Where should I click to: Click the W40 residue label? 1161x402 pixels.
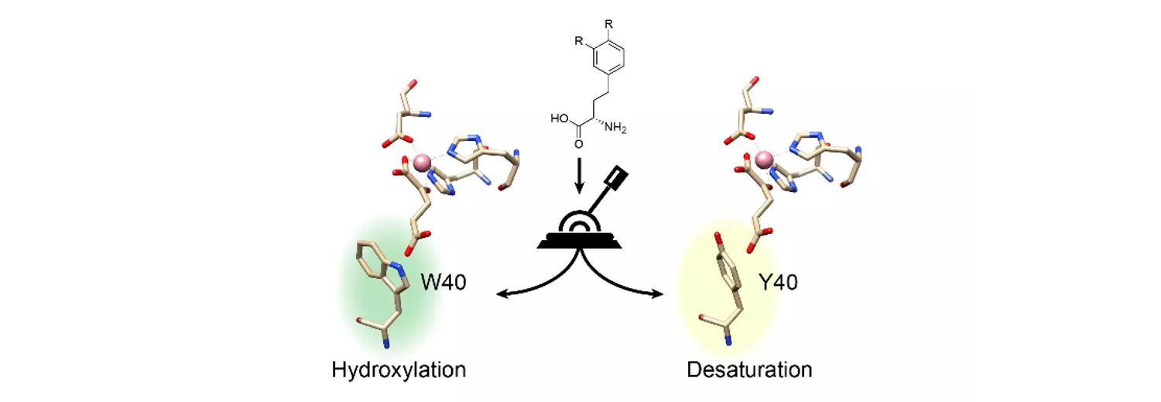click(x=444, y=282)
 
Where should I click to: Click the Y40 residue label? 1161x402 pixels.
click(x=778, y=282)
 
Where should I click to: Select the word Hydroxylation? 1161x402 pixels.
click(x=399, y=369)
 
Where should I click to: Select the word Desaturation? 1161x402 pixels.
click(x=749, y=369)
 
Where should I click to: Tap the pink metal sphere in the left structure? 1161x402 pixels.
click(x=422, y=163)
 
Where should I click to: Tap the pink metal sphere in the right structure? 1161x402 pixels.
click(x=763, y=160)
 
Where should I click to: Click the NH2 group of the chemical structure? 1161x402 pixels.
click(x=615, y=126)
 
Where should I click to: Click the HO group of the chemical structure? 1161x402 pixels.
click(x=560, y=119)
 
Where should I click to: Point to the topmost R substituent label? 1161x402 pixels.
click(x=609, y=24)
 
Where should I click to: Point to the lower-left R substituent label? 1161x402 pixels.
click(x=579, y=41)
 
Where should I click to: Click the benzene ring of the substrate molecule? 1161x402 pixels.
click(x=608, y=58)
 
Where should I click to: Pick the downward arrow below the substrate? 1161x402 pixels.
click(x=579, y=176)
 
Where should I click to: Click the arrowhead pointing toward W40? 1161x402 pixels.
click(x=501, y=295)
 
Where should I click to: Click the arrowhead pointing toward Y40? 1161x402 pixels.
click(x=659, y=294)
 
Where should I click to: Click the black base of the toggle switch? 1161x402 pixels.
click(x=579, y=241)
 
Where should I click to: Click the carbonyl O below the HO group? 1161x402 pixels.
click(x=578, y=144)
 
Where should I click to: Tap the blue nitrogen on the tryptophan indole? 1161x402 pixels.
click(x=399, y=267)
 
